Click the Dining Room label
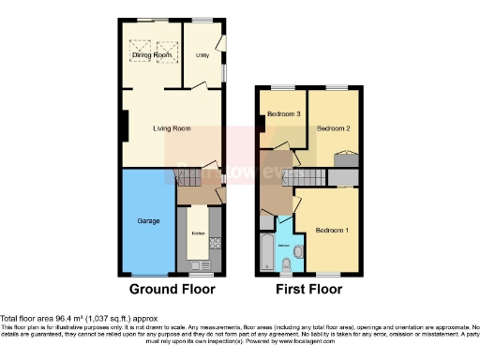(x=152, y=55)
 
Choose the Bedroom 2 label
(x=333, y=127)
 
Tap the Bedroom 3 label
(x=283, y=114)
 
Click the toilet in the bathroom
(x=299, y=253)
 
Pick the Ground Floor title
(x=172, y=289)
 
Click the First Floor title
(x=307, y=289)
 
